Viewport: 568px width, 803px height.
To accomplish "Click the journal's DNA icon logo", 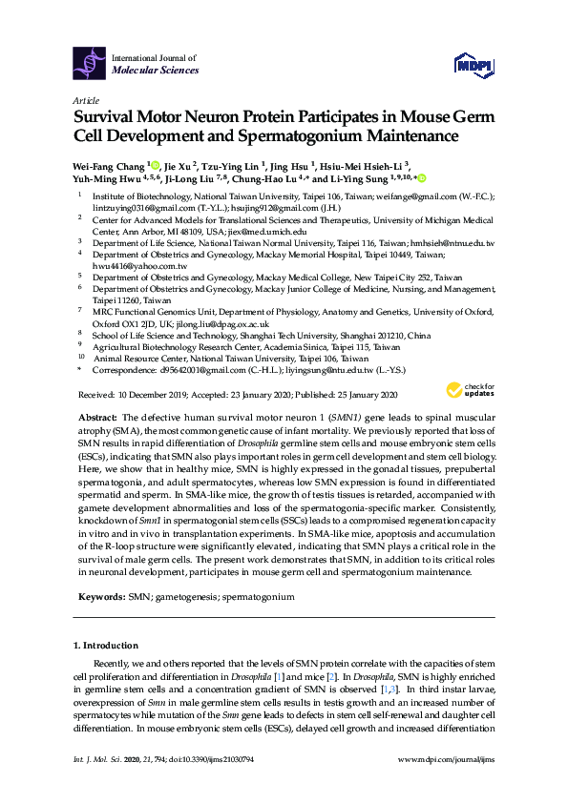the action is click(x=89, y=63).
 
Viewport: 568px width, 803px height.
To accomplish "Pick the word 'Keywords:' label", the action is click(x=99, y=596).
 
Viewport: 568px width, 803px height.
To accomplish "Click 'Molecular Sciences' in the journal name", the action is click(x=156, y=70).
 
